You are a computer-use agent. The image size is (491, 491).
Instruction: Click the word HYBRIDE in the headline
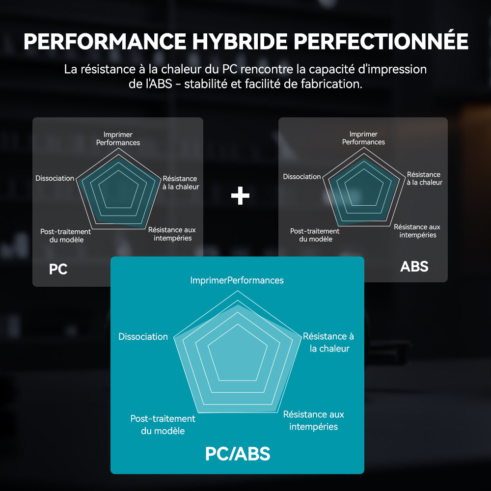(x=240, y=41)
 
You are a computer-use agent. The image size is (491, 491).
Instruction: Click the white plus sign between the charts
(x=240, y=196)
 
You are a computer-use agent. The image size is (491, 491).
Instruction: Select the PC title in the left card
(x=58, y=269)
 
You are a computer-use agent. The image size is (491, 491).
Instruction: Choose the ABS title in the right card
(x=414, y=267)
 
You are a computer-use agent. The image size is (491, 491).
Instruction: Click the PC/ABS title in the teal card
(x=238, y=454)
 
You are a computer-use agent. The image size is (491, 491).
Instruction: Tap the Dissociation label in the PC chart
(x=55, y=178)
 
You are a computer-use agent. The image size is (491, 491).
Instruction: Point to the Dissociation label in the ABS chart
(x=302, y=177)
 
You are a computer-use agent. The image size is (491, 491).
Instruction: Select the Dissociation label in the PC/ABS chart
(x=143, y=337)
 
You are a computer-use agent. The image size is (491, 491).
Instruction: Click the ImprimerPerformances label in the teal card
(x=237, y=280)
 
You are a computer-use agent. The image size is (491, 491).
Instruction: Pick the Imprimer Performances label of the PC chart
(x=118, y=138)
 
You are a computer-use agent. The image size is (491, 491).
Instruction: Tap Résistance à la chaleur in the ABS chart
(x=424, y=179)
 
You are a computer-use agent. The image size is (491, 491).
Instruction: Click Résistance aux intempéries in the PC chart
(x=172, y=234)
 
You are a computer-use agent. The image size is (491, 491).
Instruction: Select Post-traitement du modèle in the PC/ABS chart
(x=163, y=425)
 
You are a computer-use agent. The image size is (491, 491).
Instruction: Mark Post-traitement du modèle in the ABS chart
(x=315, y=235)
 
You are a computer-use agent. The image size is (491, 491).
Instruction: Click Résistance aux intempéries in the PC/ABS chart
(x=313, y=421)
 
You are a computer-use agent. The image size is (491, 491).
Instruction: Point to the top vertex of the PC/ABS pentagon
(x=237, y=291)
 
